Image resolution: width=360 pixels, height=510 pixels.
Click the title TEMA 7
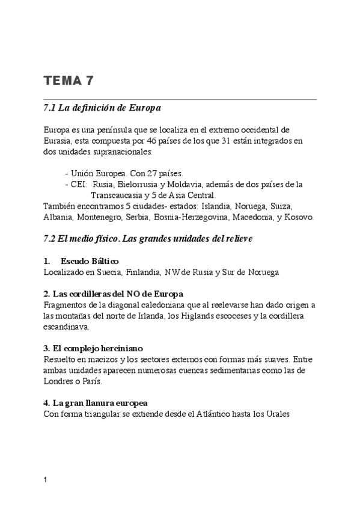(x=69, y=81)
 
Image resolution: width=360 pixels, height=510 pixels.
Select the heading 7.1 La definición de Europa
(x=102, y=108)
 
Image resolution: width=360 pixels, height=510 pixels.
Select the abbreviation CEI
(x=78, y=184)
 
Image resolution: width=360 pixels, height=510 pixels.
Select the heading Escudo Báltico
(x=90, y=261)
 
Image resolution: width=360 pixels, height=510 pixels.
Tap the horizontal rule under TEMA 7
(x=180, y=99)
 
